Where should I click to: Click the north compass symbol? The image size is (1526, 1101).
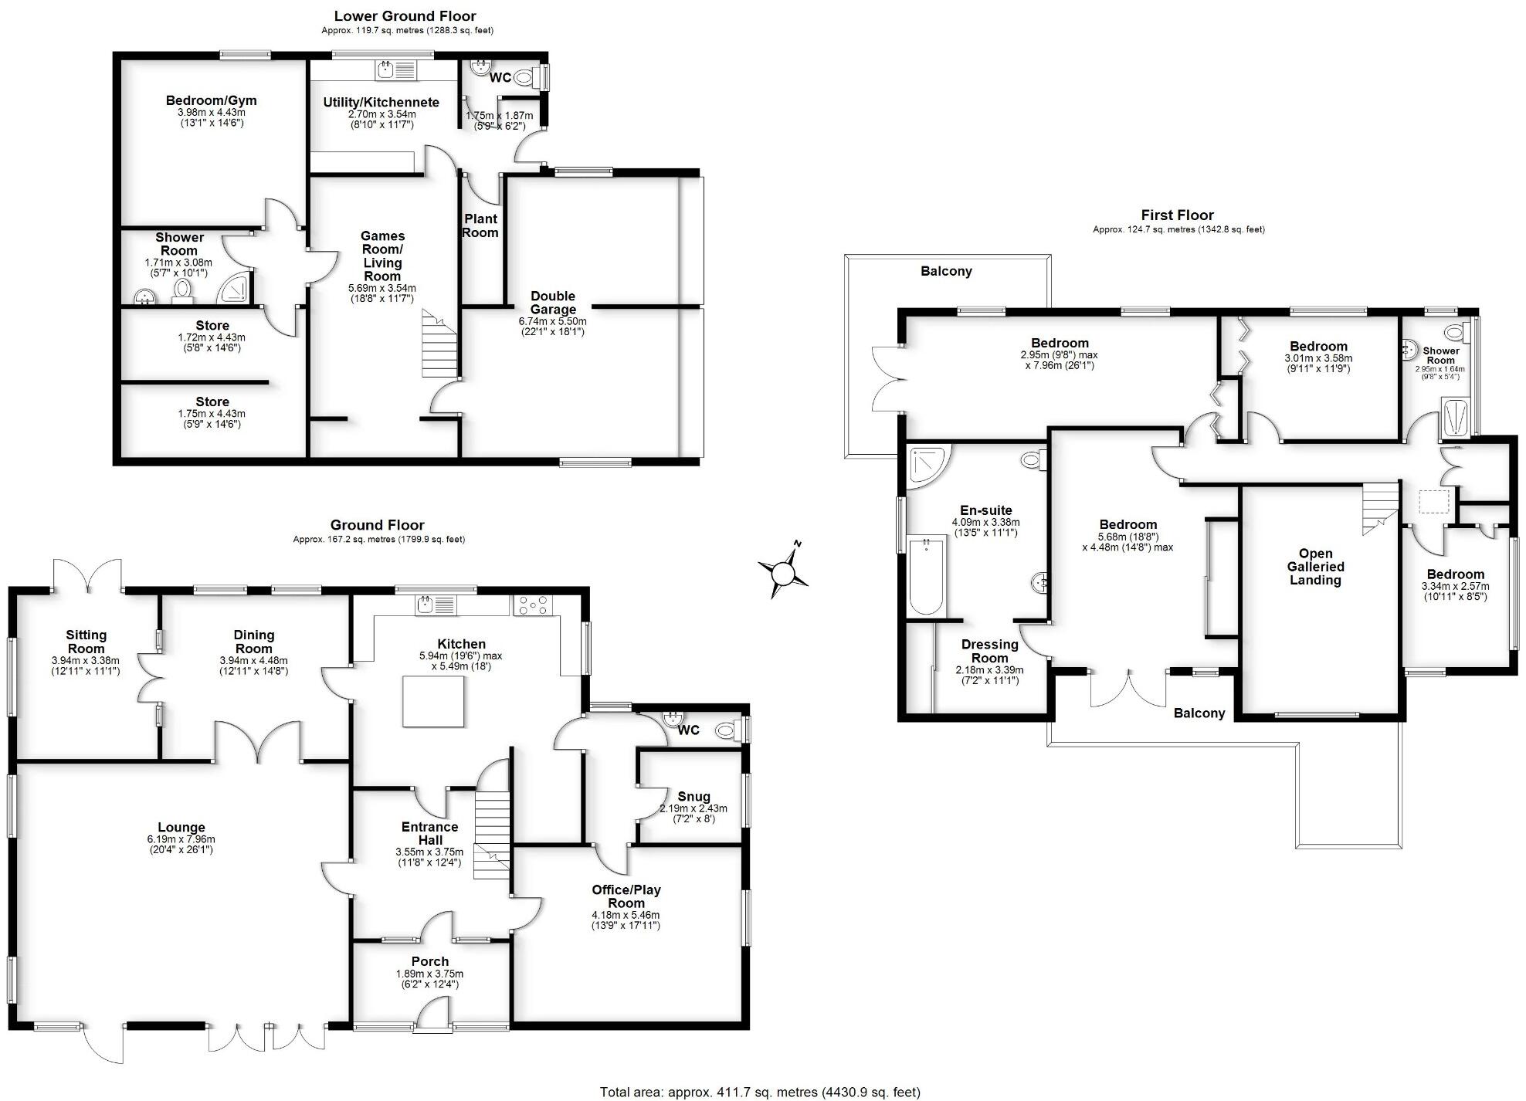click(783, 572)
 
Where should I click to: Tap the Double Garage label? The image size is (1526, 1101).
click(553, 303)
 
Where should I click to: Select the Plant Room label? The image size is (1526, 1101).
click(480, 225)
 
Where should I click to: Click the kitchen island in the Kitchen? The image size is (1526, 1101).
click(433, 701)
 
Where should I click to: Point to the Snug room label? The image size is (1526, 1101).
click(693, 796)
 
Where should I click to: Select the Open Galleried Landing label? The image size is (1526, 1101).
click(1315, 567)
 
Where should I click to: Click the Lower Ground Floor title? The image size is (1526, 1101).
click(405, 15)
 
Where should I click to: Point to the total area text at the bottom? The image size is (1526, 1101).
click(760, 1092)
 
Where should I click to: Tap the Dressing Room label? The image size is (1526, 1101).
click(989, 651)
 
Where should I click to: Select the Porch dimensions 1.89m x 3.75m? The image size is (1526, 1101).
click(429, 974)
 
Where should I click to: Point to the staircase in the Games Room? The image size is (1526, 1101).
click(439, 344)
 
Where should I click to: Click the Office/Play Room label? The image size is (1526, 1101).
click(626, 896)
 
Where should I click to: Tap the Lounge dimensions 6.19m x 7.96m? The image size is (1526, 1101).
click(181, 839)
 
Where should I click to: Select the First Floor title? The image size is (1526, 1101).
click(1177, 215)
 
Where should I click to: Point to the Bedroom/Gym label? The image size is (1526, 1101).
click(211, 100)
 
